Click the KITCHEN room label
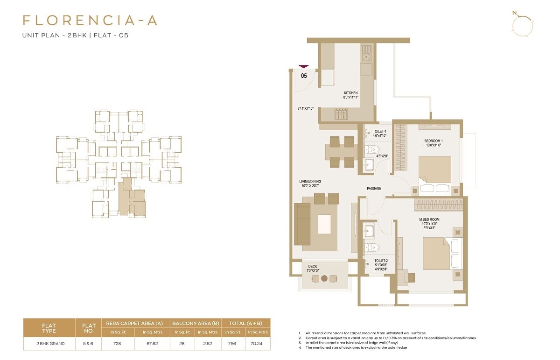(350, 93)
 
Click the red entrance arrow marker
(304, 67)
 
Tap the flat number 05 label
(304, 75)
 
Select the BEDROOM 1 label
(434, 141)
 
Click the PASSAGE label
(374, 189)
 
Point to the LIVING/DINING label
(310, 182)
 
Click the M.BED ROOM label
(429, 219)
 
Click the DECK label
(313, 267)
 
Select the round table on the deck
(324, 278)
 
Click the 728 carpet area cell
(118, 344)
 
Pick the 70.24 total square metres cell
(257, 344)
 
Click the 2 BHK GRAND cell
(49, 344)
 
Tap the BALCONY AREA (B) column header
(196, 323)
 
